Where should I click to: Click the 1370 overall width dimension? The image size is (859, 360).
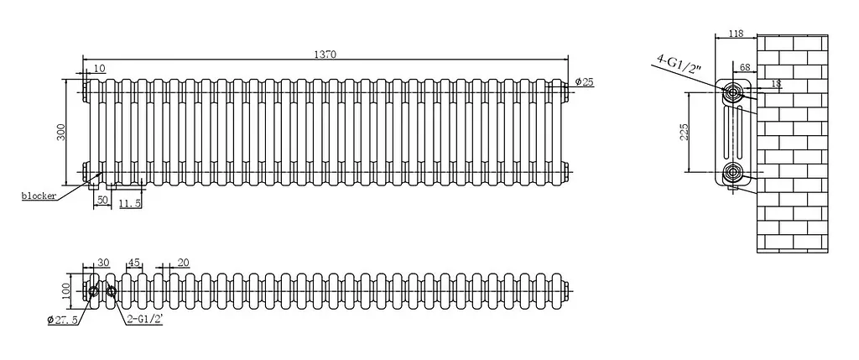[325, 55]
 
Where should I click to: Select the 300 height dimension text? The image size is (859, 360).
[61, 132]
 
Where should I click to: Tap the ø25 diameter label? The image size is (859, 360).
[585, 82]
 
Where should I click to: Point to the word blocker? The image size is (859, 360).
[39, 196]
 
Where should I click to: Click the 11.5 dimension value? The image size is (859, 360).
[130, 203]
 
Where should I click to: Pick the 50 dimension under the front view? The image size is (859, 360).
[102, 201]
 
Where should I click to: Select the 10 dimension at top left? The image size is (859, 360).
[99, 69]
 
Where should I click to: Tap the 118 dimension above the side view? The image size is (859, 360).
[736, 34]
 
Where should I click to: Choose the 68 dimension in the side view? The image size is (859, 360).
[745, 68]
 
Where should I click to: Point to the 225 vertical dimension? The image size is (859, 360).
[683, 132]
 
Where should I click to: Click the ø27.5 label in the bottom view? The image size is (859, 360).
[65, 320]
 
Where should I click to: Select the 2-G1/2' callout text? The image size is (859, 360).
[144, 319]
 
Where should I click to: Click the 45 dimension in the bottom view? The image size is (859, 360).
[133, 263]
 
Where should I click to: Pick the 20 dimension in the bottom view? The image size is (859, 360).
[183, 263]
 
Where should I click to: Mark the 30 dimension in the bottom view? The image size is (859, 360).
[103, 263]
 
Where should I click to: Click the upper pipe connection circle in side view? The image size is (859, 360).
[731, 94]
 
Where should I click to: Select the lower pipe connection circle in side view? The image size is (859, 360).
[731, 173]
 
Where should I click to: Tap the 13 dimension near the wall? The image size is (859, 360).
[776, 84]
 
